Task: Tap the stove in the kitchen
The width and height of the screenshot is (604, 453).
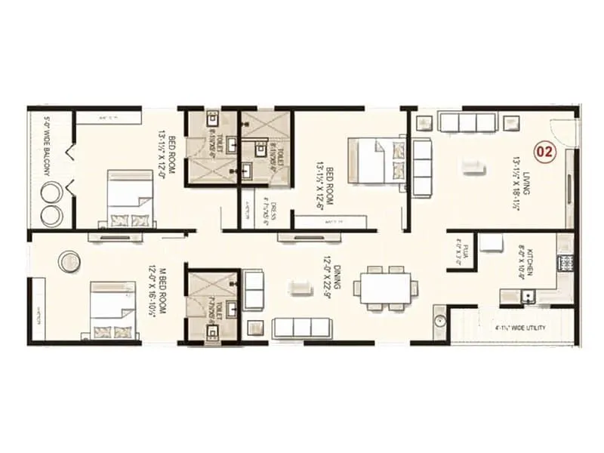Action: [x=565, y=263]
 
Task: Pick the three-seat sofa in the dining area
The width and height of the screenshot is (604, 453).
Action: [x=301, y=327]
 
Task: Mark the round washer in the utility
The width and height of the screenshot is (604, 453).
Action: [x=441, y=322]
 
